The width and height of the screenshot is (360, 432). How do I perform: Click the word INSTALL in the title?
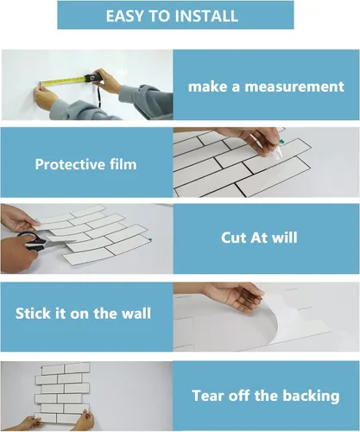206,16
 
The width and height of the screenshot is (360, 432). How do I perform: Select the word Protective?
70,164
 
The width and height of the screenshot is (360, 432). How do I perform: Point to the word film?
123,164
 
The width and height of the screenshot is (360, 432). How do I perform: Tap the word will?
285,238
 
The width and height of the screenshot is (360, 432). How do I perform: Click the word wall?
136,314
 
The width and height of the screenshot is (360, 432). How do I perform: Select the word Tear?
207,396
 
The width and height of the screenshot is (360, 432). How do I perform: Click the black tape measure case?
93,78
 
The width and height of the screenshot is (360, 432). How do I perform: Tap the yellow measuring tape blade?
63,81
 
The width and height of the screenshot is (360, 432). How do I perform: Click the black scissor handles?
31,240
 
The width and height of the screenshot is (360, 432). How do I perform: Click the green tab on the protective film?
281,141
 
